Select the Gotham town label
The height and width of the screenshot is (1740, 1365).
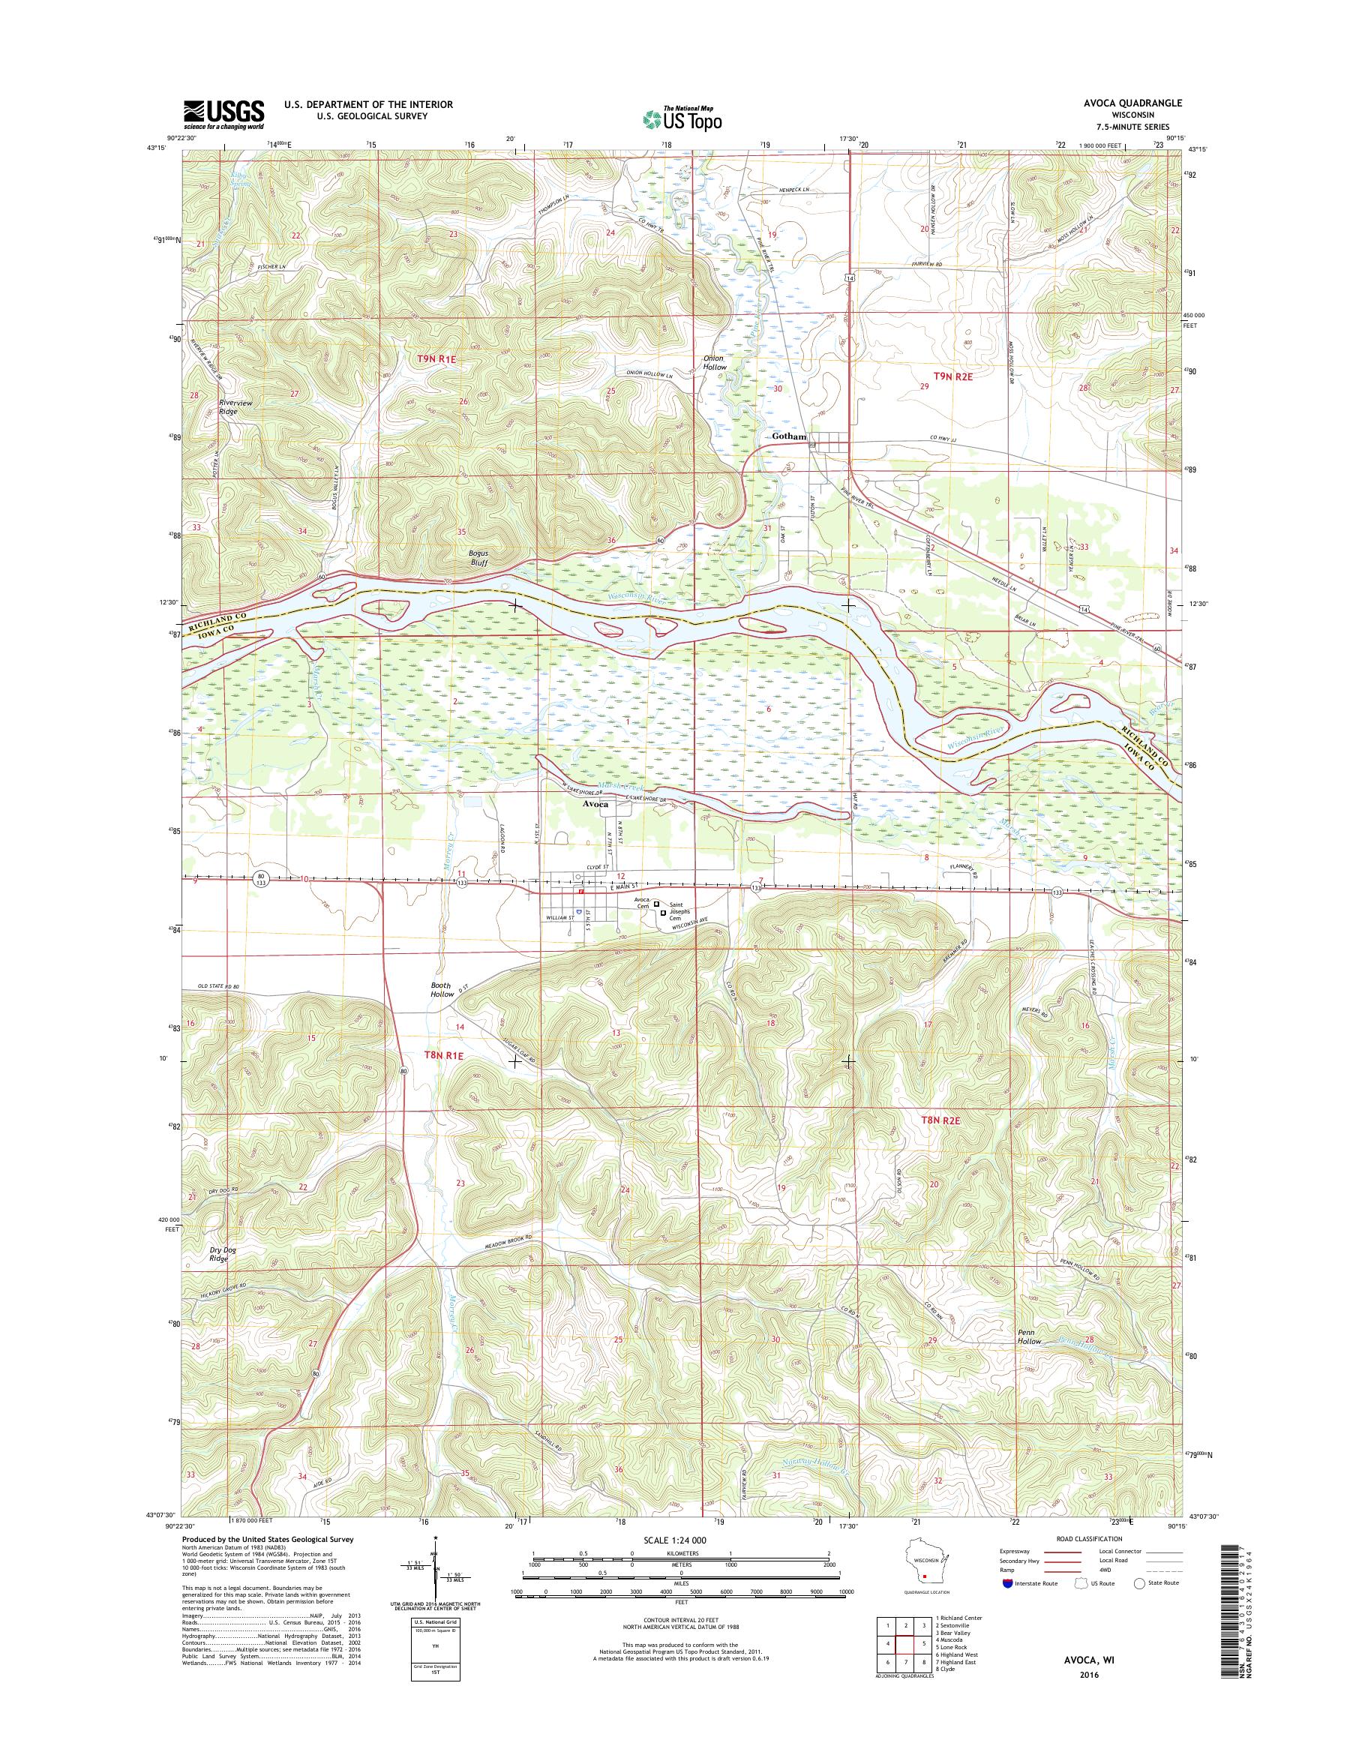[790, 436]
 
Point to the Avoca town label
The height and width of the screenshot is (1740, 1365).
[595, 804]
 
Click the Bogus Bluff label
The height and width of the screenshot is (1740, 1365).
[478, 557]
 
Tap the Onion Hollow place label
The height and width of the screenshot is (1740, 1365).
[714, 362]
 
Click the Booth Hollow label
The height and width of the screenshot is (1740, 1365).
[440, 990]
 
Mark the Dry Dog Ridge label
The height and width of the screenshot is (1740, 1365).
[218, 1276]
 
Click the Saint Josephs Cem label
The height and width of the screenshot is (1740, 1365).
[682, 911]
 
